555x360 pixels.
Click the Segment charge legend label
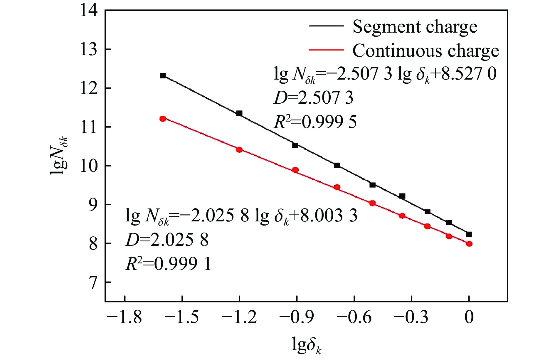(415, 27)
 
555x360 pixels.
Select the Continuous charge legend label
(425, 51)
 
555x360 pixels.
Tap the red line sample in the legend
(326, 50)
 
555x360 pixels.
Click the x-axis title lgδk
(307, 345)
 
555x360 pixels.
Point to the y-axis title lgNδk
(60, 156)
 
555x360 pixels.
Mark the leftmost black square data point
(163, 76)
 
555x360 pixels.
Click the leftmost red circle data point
(163, 119)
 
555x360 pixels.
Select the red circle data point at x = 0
(469, 244)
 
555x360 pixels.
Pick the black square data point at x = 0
(469, 234)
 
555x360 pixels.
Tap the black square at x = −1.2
(239, 113)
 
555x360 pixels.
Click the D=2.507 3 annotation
(313, 98)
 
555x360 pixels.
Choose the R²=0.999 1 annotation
(168, 264)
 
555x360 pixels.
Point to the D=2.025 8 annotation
(167, 240)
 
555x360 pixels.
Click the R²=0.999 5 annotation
(315, 122)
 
